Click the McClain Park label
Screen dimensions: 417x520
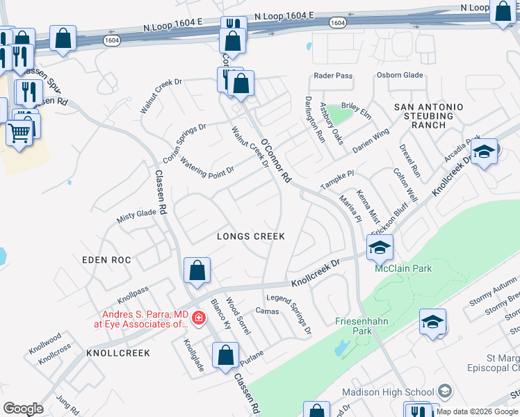click(403, 268)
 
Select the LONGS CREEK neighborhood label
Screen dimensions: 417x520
click(251, 236)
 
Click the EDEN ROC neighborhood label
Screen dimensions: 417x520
click(106, 259)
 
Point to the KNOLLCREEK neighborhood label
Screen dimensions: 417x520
click(118, 353)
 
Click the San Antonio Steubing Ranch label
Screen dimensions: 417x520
click(428, 116)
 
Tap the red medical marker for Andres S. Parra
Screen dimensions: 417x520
click(198, 318)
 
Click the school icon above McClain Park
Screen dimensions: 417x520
click(380, 247)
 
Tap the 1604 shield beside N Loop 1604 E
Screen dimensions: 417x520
click(336, 23)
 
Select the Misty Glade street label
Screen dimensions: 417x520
click(136, 214)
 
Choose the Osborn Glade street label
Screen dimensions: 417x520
click(400, 75)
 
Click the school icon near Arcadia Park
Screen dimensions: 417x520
click(484, 152)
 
